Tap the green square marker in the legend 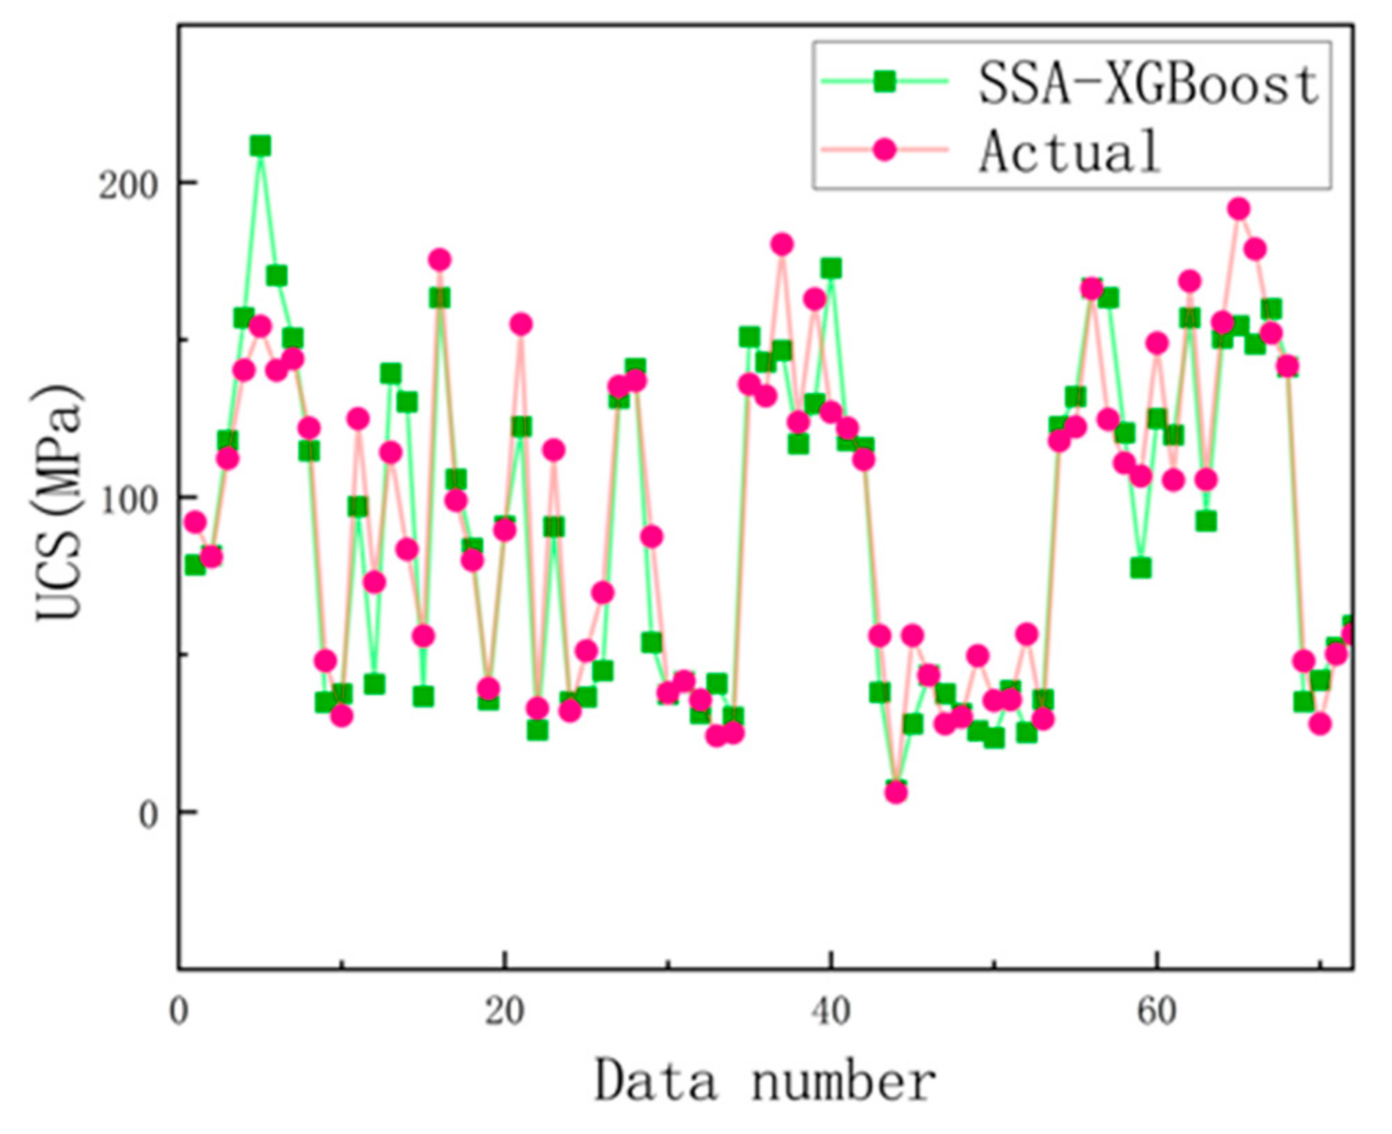[885, 82]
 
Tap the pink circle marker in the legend [885, 150]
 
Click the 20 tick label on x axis [504, 1013]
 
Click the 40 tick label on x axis [831, 1013]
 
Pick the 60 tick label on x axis [1157, 1013]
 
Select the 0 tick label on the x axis [179, 1013]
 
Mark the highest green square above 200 [260, 145]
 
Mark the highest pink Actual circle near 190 [1239, 208]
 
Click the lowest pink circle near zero [896, 792]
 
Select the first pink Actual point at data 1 [195, 522]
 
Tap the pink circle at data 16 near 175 [440, 260]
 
